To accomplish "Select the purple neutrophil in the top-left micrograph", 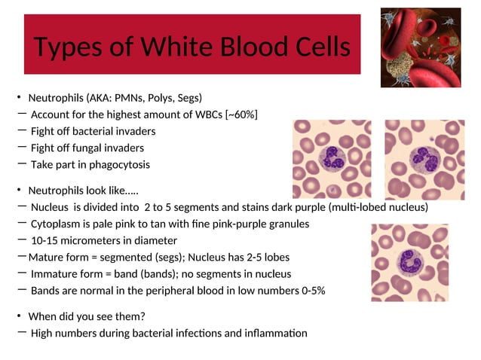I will (332, 157).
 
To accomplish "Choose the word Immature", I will (54, 274).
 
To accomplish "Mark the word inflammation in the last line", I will (274, 333).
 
